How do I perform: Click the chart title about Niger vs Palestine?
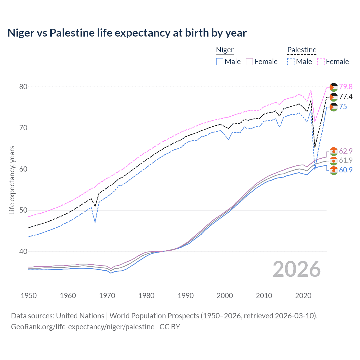click(127, 33)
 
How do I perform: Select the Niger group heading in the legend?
click(225, 50)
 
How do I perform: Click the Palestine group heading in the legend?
click(302, 50)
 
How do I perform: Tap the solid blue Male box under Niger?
click(220, 62)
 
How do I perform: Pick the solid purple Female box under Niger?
click(250, 62)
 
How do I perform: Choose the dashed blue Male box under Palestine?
click(291, 62)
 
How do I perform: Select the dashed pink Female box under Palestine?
click(321, 62)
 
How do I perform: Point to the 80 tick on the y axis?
click(23, 87)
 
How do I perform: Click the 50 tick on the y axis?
click(23, 210)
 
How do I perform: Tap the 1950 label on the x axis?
click(29, 296)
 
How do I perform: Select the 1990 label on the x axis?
click(186, 296)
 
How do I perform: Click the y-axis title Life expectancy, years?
click(12, 180)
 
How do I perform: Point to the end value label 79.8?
click(346, 87)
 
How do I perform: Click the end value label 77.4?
click(346, 97)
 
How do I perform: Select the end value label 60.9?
click(346, 170)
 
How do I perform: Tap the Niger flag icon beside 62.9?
click(334, 151)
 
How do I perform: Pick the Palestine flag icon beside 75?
click(334, 107)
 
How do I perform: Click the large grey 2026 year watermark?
click(297, 269)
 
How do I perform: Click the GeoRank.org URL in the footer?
click(82, 327)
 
